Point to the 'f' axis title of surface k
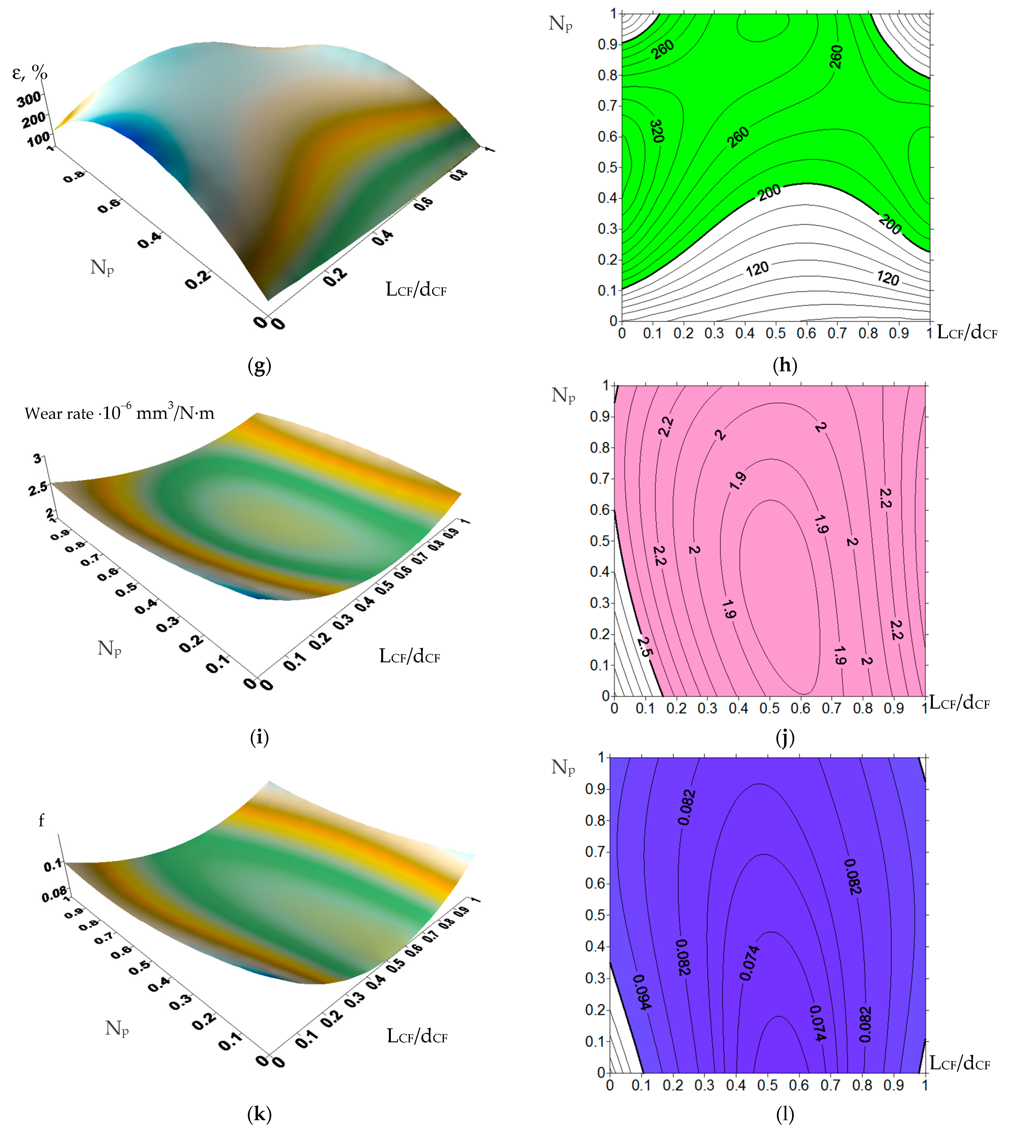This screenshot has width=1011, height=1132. tap(41, 820)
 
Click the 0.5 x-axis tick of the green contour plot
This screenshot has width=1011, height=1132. tap(776, 333)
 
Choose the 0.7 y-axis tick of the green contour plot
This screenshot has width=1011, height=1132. tap(608, 106)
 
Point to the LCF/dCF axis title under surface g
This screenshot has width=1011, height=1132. tap(416, 289)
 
